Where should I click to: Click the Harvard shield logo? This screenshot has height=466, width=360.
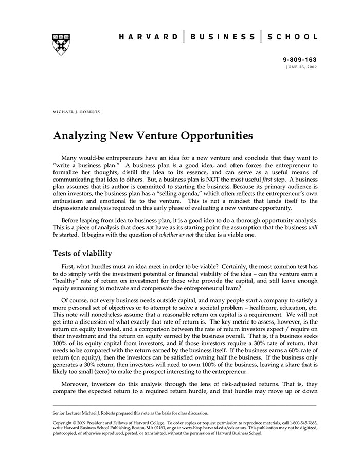61,44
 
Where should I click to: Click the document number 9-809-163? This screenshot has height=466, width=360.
300,60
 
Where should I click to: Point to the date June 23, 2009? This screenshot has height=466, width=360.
302,67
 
